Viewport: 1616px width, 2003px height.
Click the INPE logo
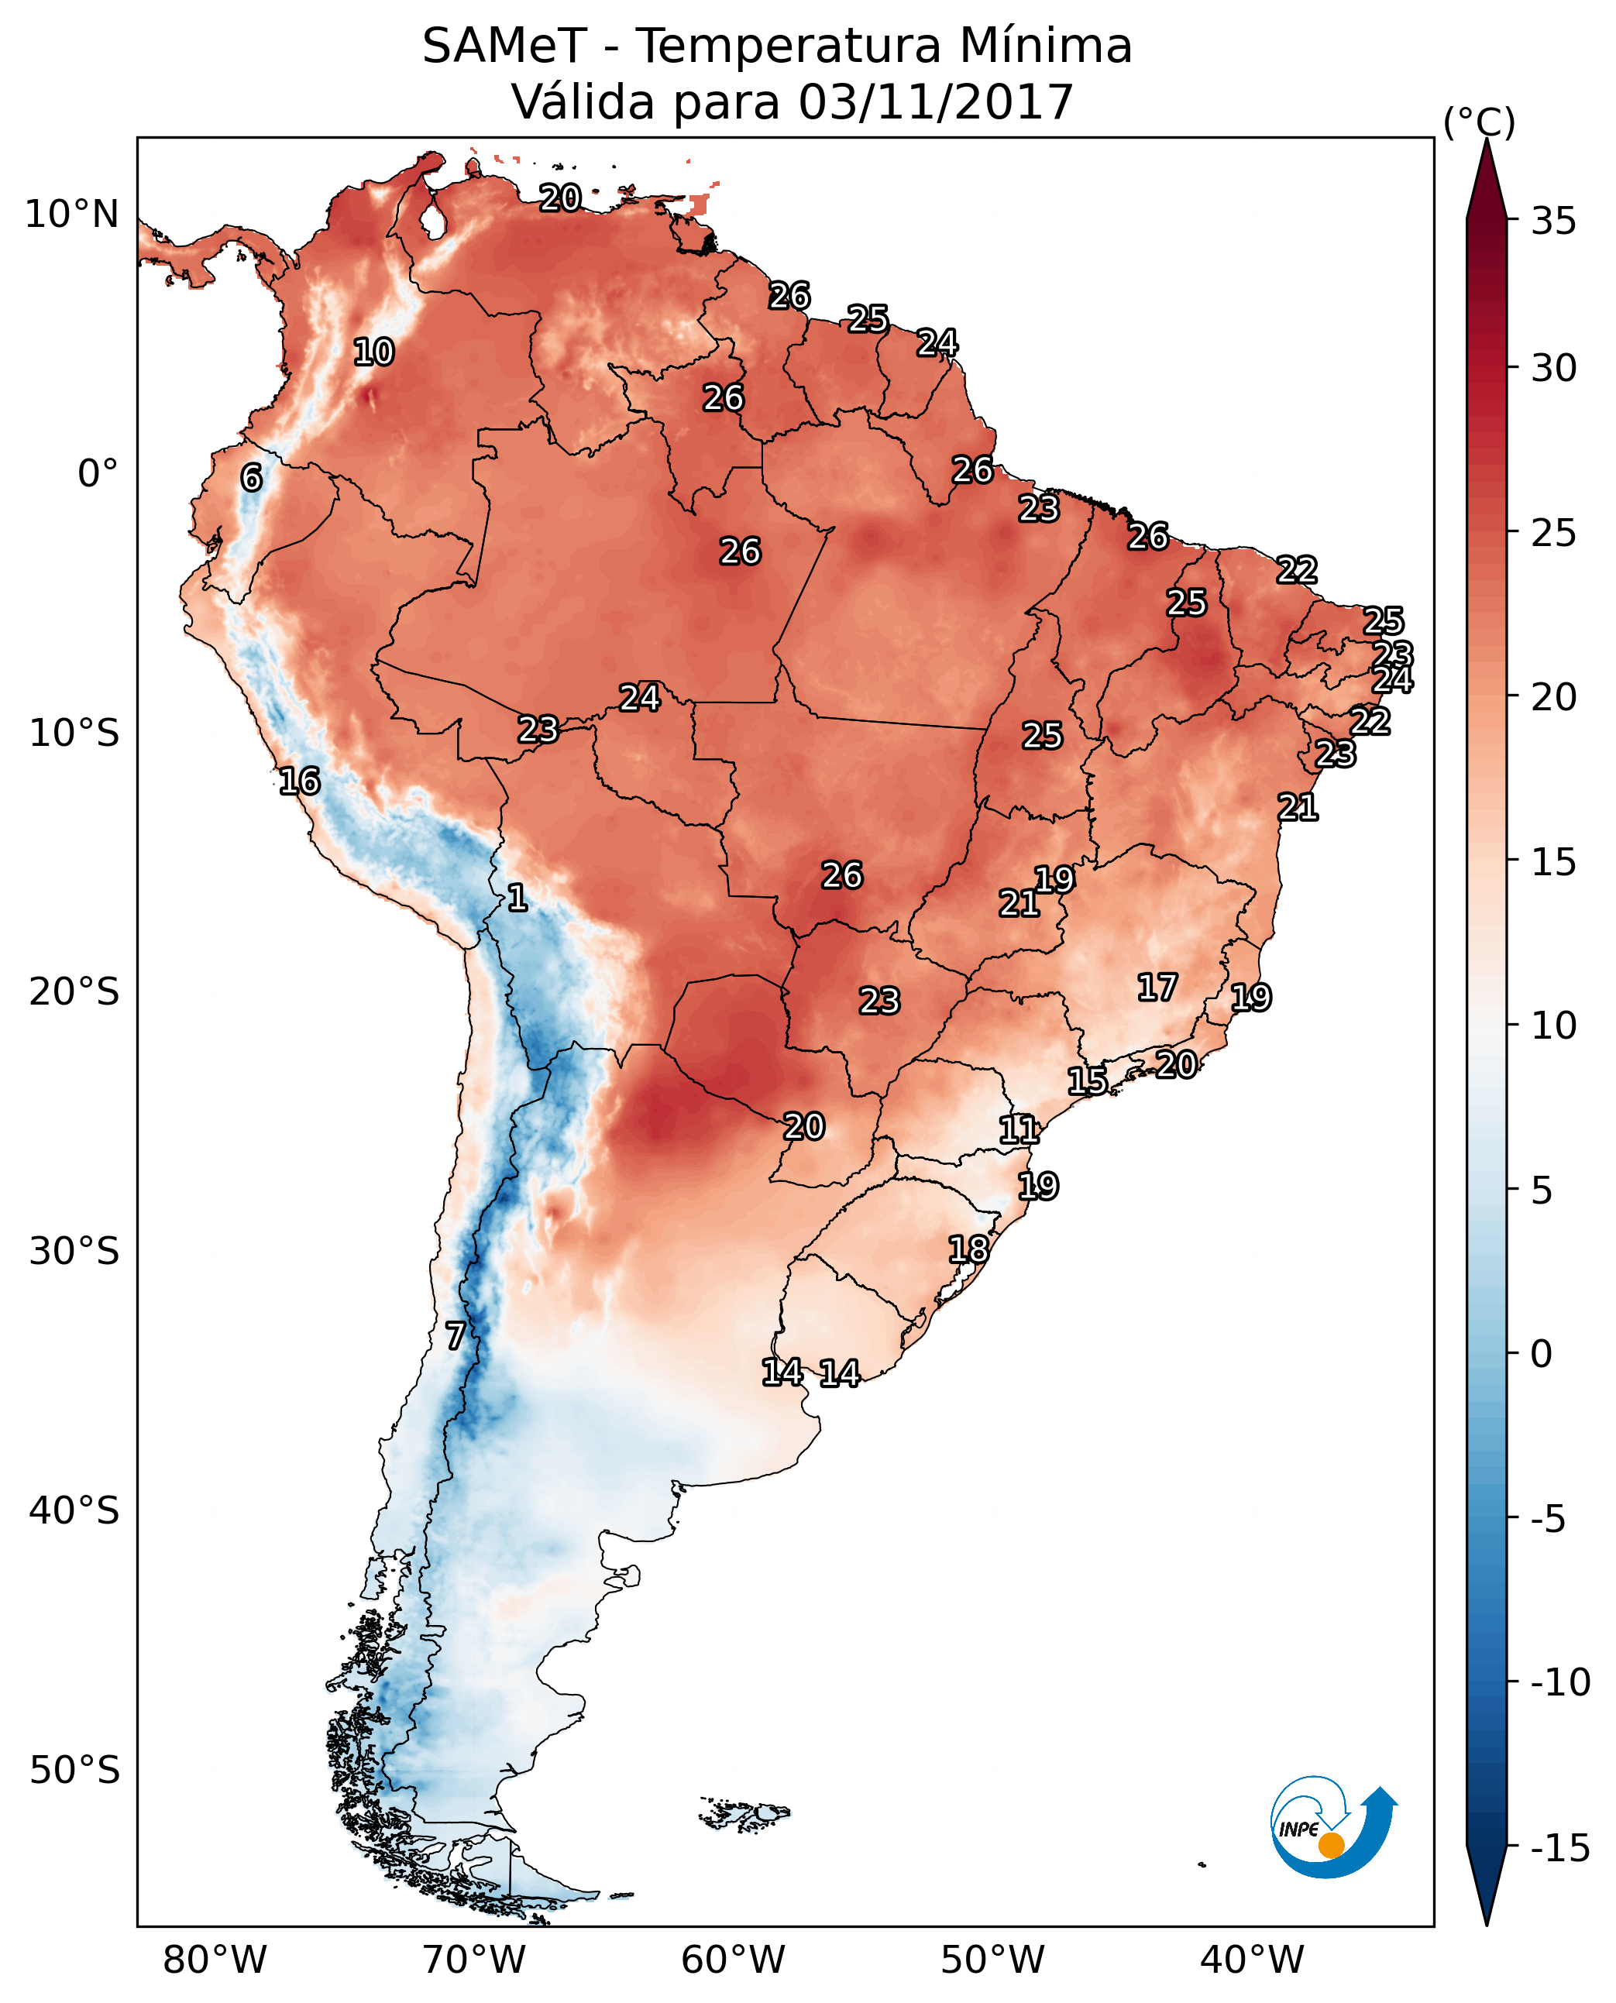tap(1332, 1828)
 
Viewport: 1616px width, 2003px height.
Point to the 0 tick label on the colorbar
tap(1542, 1354)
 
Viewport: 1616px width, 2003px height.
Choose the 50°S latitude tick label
tap(74, 1771)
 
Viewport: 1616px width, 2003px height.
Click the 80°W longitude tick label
tap(215, 1960)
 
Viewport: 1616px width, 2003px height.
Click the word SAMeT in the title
tap(504, 46)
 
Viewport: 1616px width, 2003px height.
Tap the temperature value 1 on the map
tap(517, 898)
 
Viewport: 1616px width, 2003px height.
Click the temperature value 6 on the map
tap(251, 477)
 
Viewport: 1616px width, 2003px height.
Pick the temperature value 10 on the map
tap(373, 352)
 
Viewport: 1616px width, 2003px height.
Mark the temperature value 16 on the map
tap(300, 781)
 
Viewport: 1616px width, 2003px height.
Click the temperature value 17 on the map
tap(1157, 988)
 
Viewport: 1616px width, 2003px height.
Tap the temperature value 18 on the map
tap(968, 1249)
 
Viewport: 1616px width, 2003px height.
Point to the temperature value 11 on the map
tap(1019, 1130)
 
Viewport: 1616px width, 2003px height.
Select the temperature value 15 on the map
tap(1087, 1081)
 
